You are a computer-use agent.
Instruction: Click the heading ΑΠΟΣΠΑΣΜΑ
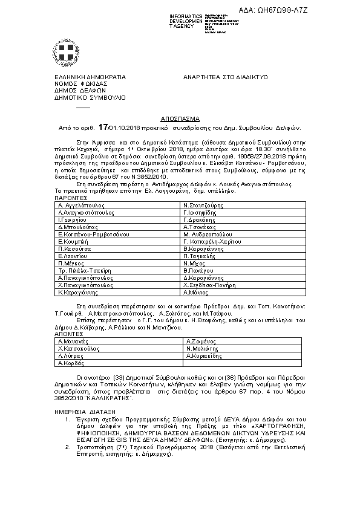pos(180,120)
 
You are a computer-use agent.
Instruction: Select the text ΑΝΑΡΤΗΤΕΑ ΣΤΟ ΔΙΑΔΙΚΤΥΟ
pos(225,78)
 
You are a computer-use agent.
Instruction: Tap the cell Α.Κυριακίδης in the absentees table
pos(204,356)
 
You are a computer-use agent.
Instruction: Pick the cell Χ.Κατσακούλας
pos(78,349)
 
